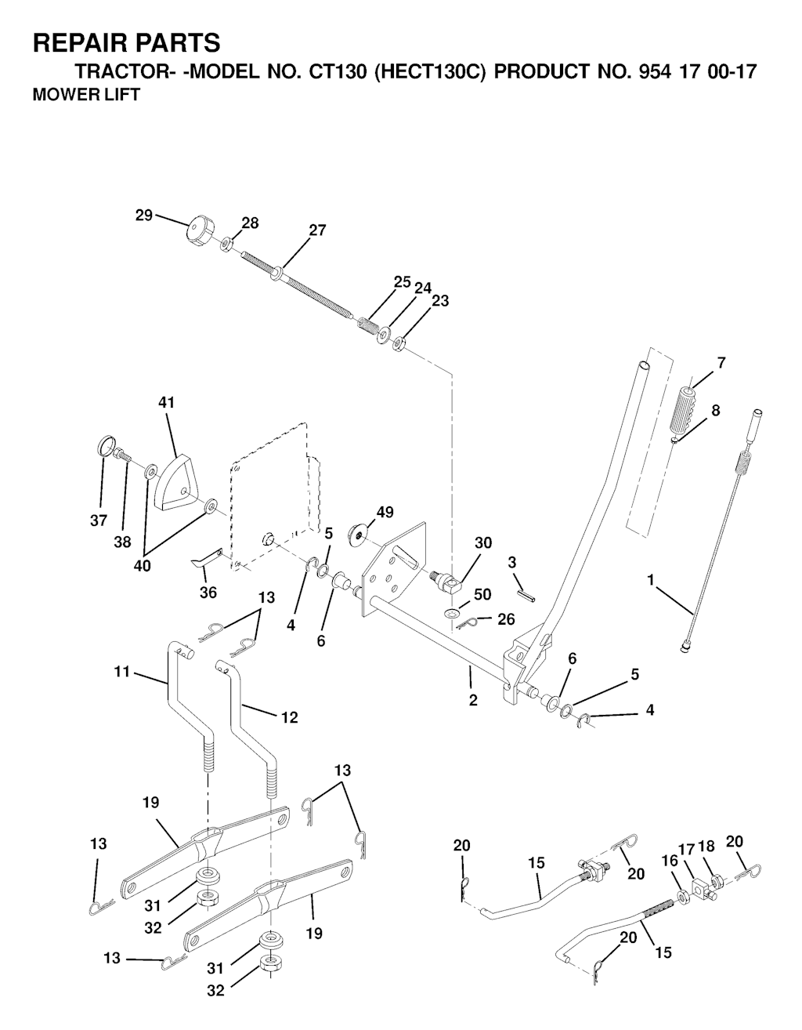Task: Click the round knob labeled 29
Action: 199,230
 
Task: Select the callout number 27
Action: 317,230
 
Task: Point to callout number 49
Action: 385,513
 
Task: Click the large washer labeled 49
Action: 357,535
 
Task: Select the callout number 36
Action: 208,592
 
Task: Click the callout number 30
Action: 483,542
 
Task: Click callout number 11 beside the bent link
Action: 121,672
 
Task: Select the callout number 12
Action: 290,718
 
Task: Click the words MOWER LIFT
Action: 86,95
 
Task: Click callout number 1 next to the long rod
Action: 651,580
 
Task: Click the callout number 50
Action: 482,594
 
